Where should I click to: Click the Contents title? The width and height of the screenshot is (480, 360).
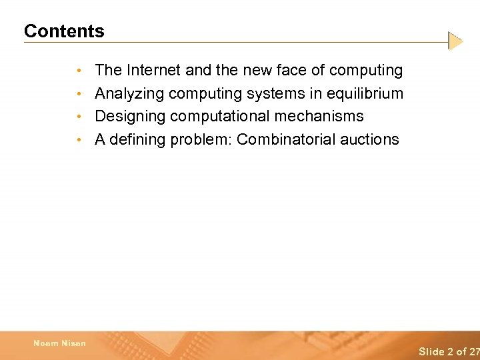pos(64,31)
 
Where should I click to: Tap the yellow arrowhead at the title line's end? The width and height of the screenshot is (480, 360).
pos(455,41)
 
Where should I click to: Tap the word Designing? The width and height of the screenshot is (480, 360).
pos(130,116)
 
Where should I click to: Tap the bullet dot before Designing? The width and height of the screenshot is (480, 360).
pos(79,117)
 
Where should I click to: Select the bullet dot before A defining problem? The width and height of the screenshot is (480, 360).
pos(79,141)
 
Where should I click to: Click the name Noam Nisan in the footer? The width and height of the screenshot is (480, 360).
pos(59,343)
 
